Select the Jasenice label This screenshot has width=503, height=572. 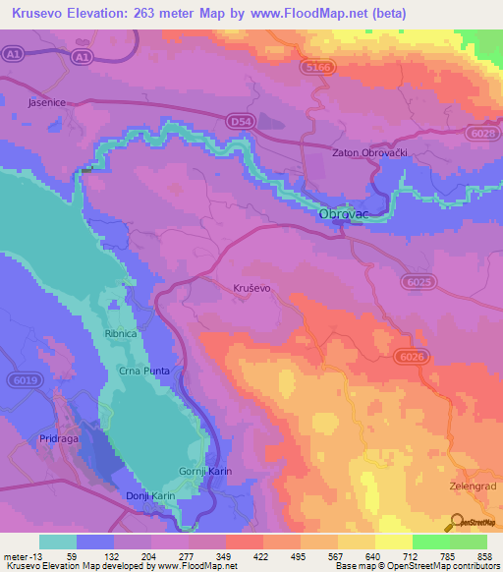(x=48, y=101)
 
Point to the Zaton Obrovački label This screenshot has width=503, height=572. (x=370, y=153)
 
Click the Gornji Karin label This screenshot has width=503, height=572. (x=205, y=472)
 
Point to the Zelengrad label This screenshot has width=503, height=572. (x=469, y=485)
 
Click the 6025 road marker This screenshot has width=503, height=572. (x=419, y=282)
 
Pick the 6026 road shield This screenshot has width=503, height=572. (x=412, y=357)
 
